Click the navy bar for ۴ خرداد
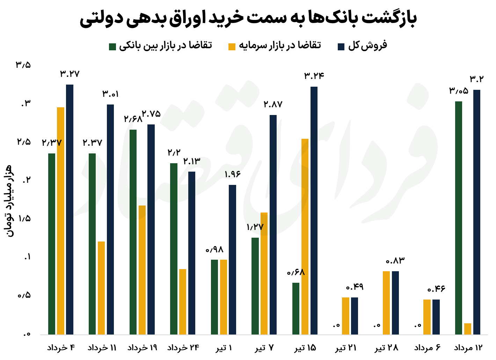coord(70,210)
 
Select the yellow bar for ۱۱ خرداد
coord(101,288)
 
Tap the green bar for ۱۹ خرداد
coord(133,232)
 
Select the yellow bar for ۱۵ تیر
coord(305,237)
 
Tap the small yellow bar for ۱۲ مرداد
coord(468,329)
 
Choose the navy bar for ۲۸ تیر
coord(395,303)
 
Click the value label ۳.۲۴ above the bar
coord(314,76)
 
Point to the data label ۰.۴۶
coord(436,289)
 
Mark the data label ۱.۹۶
coord(232,174)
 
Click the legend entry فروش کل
coord(367,46)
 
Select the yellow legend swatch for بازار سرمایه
coord(232,46)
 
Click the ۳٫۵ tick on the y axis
coord(23,65)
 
